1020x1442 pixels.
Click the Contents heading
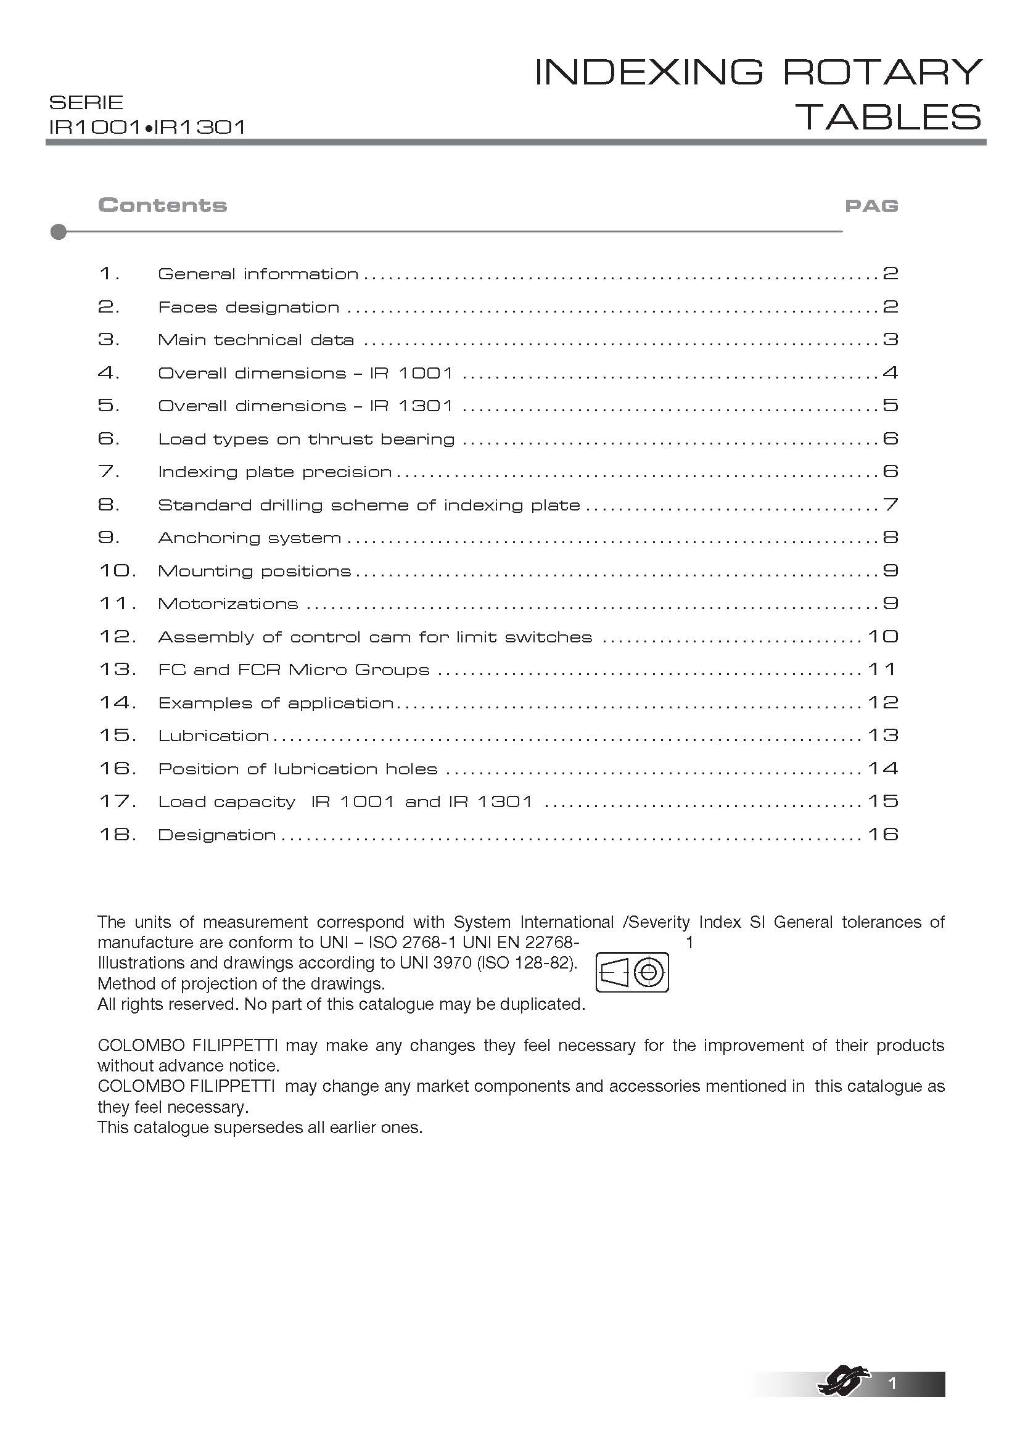162,205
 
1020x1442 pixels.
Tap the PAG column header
871,206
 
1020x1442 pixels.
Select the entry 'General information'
258,274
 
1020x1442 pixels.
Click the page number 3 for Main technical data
890,340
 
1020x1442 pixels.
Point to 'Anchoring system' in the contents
249,538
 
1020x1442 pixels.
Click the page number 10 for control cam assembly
883,637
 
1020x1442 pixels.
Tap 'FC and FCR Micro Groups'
294,670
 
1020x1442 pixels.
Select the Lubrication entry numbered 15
213,736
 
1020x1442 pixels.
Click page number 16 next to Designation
883,835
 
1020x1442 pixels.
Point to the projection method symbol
632,972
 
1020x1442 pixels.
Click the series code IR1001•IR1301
147,128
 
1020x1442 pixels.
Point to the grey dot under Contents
59,232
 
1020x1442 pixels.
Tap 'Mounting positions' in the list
254,571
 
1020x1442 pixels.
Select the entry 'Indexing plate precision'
274,472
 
